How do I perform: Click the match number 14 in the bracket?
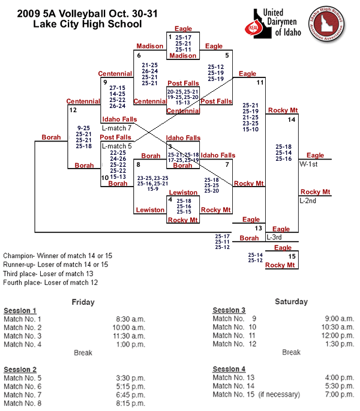point(292,120)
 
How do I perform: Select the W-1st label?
point(309,164)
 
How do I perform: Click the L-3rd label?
point(275,238)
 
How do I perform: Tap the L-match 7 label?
point(116,128)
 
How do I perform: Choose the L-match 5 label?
point(116,146)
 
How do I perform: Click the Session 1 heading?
point(20,310)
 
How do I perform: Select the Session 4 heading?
point(229,368)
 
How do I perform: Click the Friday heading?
point(83,302)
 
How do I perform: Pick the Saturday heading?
point(291,301)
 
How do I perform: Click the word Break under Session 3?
point(291,352)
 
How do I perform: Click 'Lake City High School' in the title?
point(88,25)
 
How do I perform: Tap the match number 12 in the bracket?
point(73,110)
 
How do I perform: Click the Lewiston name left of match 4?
point(150,210)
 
